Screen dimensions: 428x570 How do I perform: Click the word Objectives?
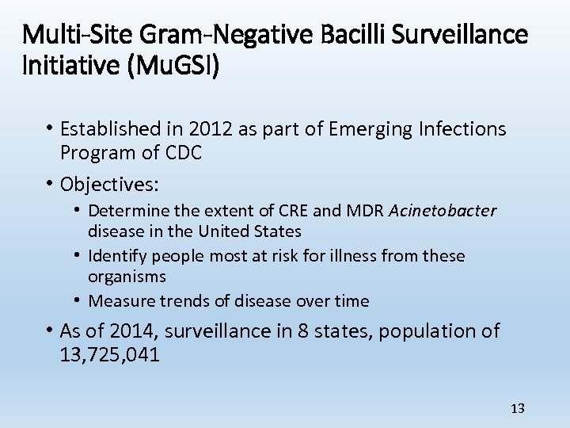109,185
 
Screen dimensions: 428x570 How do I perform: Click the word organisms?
127,277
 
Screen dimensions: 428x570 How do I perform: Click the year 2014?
133,331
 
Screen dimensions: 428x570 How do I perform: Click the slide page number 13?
518,408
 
